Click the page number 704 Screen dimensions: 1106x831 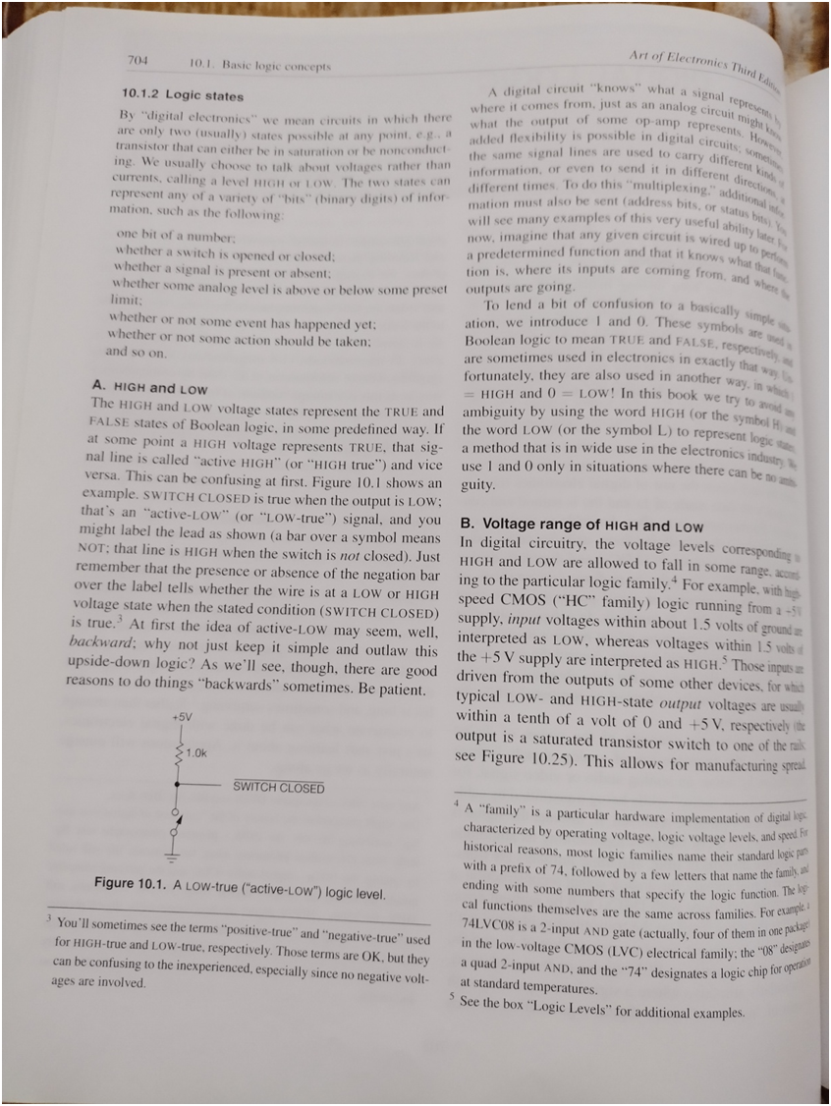click(x=138, y=60)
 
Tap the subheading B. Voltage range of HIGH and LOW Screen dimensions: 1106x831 click(x=582, y=525)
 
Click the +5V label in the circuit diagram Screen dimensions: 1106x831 click(x=181, y=718)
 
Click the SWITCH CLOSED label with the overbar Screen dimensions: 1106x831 click(x=278, y=788)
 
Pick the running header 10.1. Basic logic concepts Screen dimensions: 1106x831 click(x=259, y=67)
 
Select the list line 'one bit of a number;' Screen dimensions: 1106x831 click(x=176, y=236)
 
